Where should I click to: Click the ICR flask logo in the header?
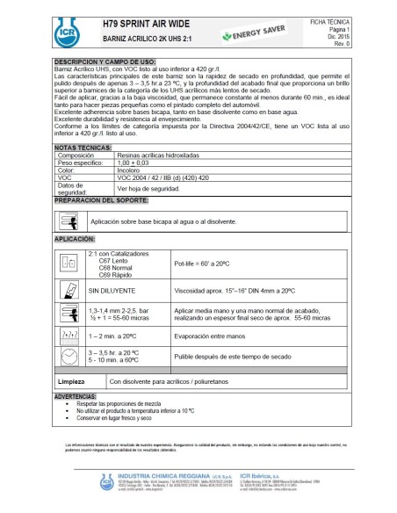(x=66, y=30)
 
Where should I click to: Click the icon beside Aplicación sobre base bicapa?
(x=72, y=220)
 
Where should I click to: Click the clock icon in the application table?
(x=71, y=355)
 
